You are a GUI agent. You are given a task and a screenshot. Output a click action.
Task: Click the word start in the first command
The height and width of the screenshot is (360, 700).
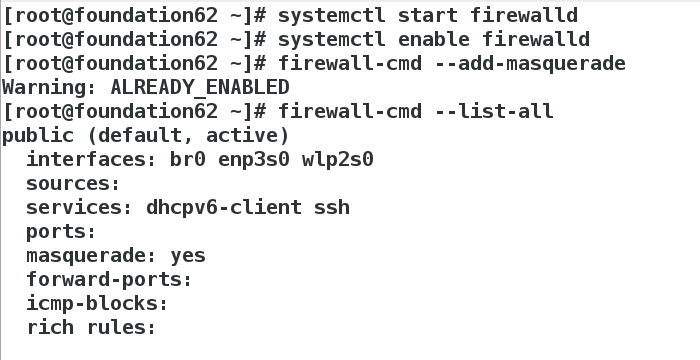coord(428,15)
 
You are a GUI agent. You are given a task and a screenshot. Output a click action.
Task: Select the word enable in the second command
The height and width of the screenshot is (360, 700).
coord(433,39)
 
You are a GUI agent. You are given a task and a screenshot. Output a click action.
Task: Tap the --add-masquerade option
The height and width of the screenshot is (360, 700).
coord(530,63)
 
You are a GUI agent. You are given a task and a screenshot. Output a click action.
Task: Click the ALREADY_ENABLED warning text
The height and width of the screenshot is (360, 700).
coord(200,87)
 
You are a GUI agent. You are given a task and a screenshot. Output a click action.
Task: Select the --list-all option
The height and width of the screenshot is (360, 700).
coord(494,111)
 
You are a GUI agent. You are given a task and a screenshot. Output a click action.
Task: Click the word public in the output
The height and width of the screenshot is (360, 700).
coord(38,135)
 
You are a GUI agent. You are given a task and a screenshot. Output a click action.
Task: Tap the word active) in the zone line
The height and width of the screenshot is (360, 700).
coord(248,135)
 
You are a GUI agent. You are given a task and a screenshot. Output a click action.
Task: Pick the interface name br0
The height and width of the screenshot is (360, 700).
coord(188,159)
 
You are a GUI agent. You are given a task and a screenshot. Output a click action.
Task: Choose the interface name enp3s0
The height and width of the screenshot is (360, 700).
coord(254,160)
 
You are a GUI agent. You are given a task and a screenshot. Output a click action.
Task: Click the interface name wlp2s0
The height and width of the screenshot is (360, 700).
coord(338,160)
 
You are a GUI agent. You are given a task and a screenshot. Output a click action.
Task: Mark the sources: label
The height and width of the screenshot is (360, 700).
coord(73,184)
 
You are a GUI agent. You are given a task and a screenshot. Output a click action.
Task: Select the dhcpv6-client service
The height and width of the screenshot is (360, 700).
coord(224,208)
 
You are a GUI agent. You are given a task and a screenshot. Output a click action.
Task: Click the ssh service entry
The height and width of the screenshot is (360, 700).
coord(332,208)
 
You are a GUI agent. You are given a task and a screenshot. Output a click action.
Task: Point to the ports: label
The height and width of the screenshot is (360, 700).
coord(61,232)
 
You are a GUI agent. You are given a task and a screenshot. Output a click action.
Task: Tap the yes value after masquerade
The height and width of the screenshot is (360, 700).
coord(188,256)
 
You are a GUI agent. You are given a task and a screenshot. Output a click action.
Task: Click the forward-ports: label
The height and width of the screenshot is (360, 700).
coord(109,280)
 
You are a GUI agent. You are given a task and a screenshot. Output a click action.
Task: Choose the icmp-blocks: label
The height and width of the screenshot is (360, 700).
coord(97,304)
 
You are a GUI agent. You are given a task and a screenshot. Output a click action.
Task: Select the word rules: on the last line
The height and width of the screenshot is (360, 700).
coord(121,328)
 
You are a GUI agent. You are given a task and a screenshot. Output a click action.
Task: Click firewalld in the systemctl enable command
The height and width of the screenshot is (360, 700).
coord(536,39)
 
